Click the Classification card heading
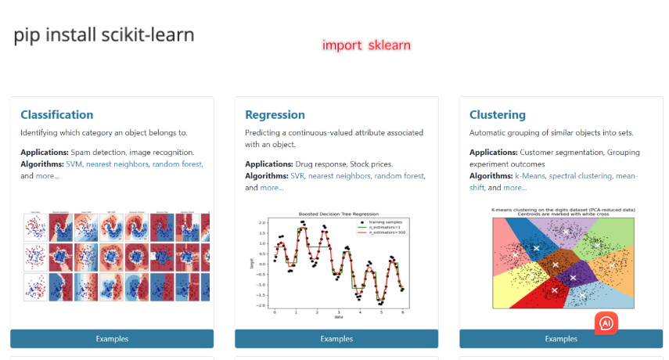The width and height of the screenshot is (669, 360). pyautogui.click(x=56, y=115)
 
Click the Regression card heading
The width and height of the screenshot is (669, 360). pyautogui.click(x=275, y=115)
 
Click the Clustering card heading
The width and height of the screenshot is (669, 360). pyautogui.click(x=498, y=115)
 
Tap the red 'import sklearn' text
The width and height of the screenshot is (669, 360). pyautogui.click(x=366, y=45)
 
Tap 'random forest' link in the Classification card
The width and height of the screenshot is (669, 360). pyautogui.click(x=177, y=164)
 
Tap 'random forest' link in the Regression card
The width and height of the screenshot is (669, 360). pyautogui.click(x=399, y=176)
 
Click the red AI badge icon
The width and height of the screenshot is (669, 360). pyautogui.click(x=606, y=322)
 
